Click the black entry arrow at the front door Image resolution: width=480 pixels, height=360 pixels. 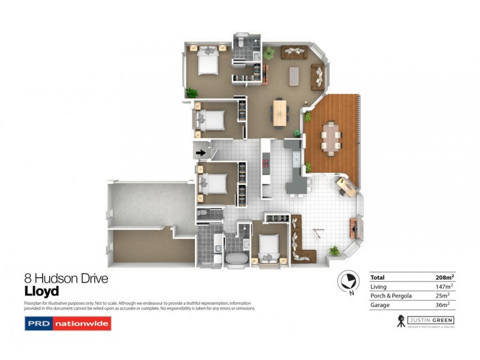click(200, 153)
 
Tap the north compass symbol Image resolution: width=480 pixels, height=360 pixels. click(345, 282)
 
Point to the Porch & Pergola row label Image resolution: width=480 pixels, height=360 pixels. click(391, 296)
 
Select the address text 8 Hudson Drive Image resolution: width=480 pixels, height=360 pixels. click(65, 279)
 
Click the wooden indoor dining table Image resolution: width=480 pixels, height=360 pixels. click(280, 112)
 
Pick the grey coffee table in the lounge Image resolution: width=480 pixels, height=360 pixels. click(294, 76)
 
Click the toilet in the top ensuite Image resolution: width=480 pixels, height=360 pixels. click(240, 43)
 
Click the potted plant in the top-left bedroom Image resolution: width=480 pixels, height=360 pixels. click(191, 92)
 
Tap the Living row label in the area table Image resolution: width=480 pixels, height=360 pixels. click(379, 287)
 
